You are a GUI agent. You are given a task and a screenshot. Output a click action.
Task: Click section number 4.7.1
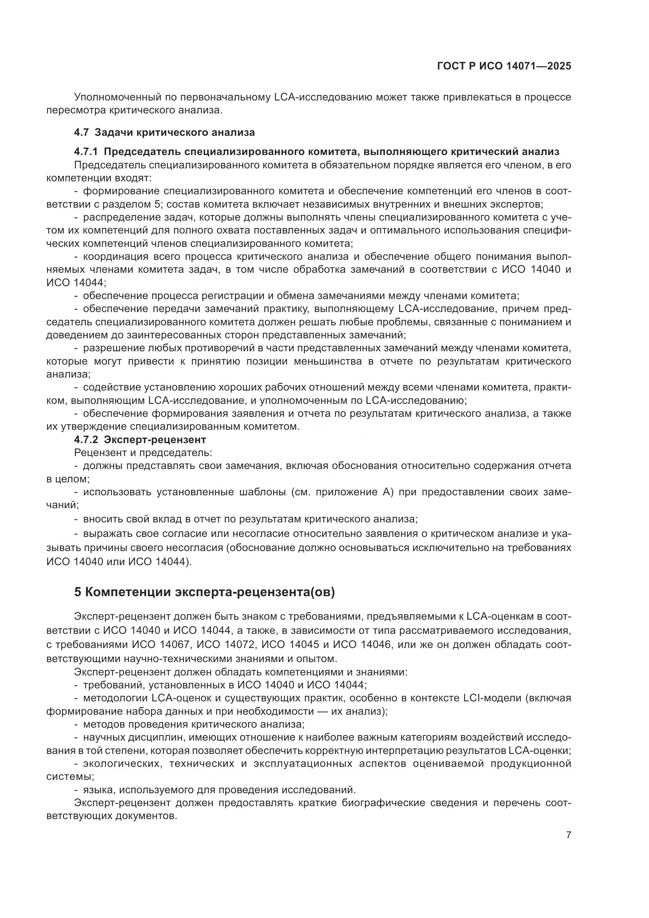(86, 151)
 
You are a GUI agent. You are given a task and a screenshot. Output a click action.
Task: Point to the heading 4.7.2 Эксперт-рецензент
(140, 440)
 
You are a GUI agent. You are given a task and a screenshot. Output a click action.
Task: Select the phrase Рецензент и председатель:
(143, 453)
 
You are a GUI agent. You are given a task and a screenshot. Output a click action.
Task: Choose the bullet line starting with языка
(219, 790)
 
